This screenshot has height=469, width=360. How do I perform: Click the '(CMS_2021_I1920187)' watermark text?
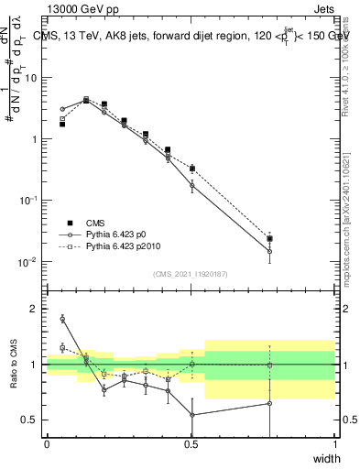pyautogui.click(x=191, y=274)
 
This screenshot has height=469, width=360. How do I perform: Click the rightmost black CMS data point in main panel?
pyautogui.click(x=269, y=238)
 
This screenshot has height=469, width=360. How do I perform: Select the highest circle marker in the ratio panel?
pyautogui.click(x=62, y=319)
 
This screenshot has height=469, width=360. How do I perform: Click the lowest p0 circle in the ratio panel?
pyautogui.click(x=192, y=415)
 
